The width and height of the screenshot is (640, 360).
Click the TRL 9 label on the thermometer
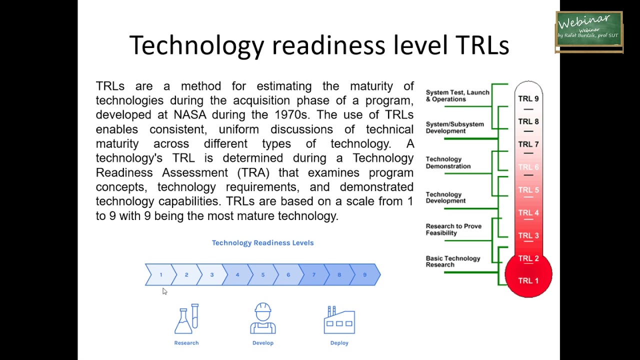[528, 98]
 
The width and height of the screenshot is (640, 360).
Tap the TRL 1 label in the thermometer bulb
[528, 280]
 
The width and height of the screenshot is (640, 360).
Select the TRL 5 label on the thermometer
[528, 190]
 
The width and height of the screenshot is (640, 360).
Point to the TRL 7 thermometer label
[528, 144]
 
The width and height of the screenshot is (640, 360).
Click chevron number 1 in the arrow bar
[160, 275]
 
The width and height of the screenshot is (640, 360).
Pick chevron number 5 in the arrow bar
[262, 275]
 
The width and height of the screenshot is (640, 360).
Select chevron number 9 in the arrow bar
[364, 275]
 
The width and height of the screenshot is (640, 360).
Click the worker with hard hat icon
[263, 318]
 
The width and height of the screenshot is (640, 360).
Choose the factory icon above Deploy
[339, 320]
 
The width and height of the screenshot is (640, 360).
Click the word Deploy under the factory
[339, 343]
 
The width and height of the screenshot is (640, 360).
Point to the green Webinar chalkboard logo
[589, 31]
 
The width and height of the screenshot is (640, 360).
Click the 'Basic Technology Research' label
[452, 261]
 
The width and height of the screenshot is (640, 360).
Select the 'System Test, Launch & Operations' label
[457, 95]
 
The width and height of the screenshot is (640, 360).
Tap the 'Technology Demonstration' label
[448, 162]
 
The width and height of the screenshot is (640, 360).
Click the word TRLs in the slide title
[482, 45]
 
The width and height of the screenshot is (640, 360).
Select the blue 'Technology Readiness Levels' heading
[262, 243]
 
